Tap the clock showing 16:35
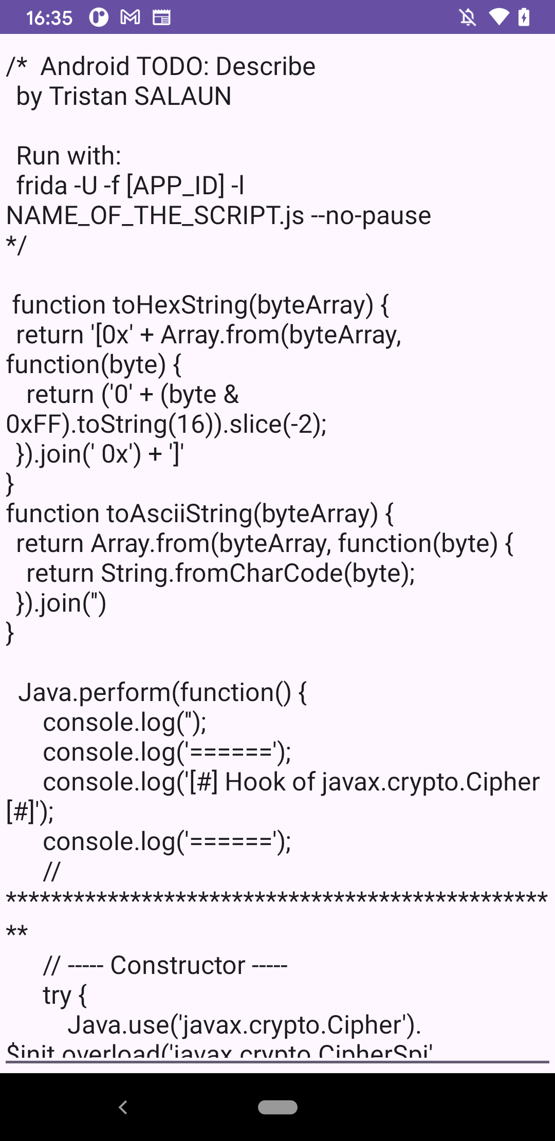coord(49,18)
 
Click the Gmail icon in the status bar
coord(130,17)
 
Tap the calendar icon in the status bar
coord(161,17)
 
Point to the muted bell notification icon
coord(468,17)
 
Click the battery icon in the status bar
coord(524,17)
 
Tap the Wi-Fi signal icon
coord(498,17)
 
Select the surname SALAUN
coord(182,97)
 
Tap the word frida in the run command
coord(42,186)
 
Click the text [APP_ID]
coord(175,186)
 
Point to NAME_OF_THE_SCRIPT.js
coord(155,215)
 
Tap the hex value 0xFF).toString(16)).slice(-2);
coord(166,425)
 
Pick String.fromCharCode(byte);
coord(257,573)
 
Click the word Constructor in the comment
coord(178,965)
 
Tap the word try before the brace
coord(57,995)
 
